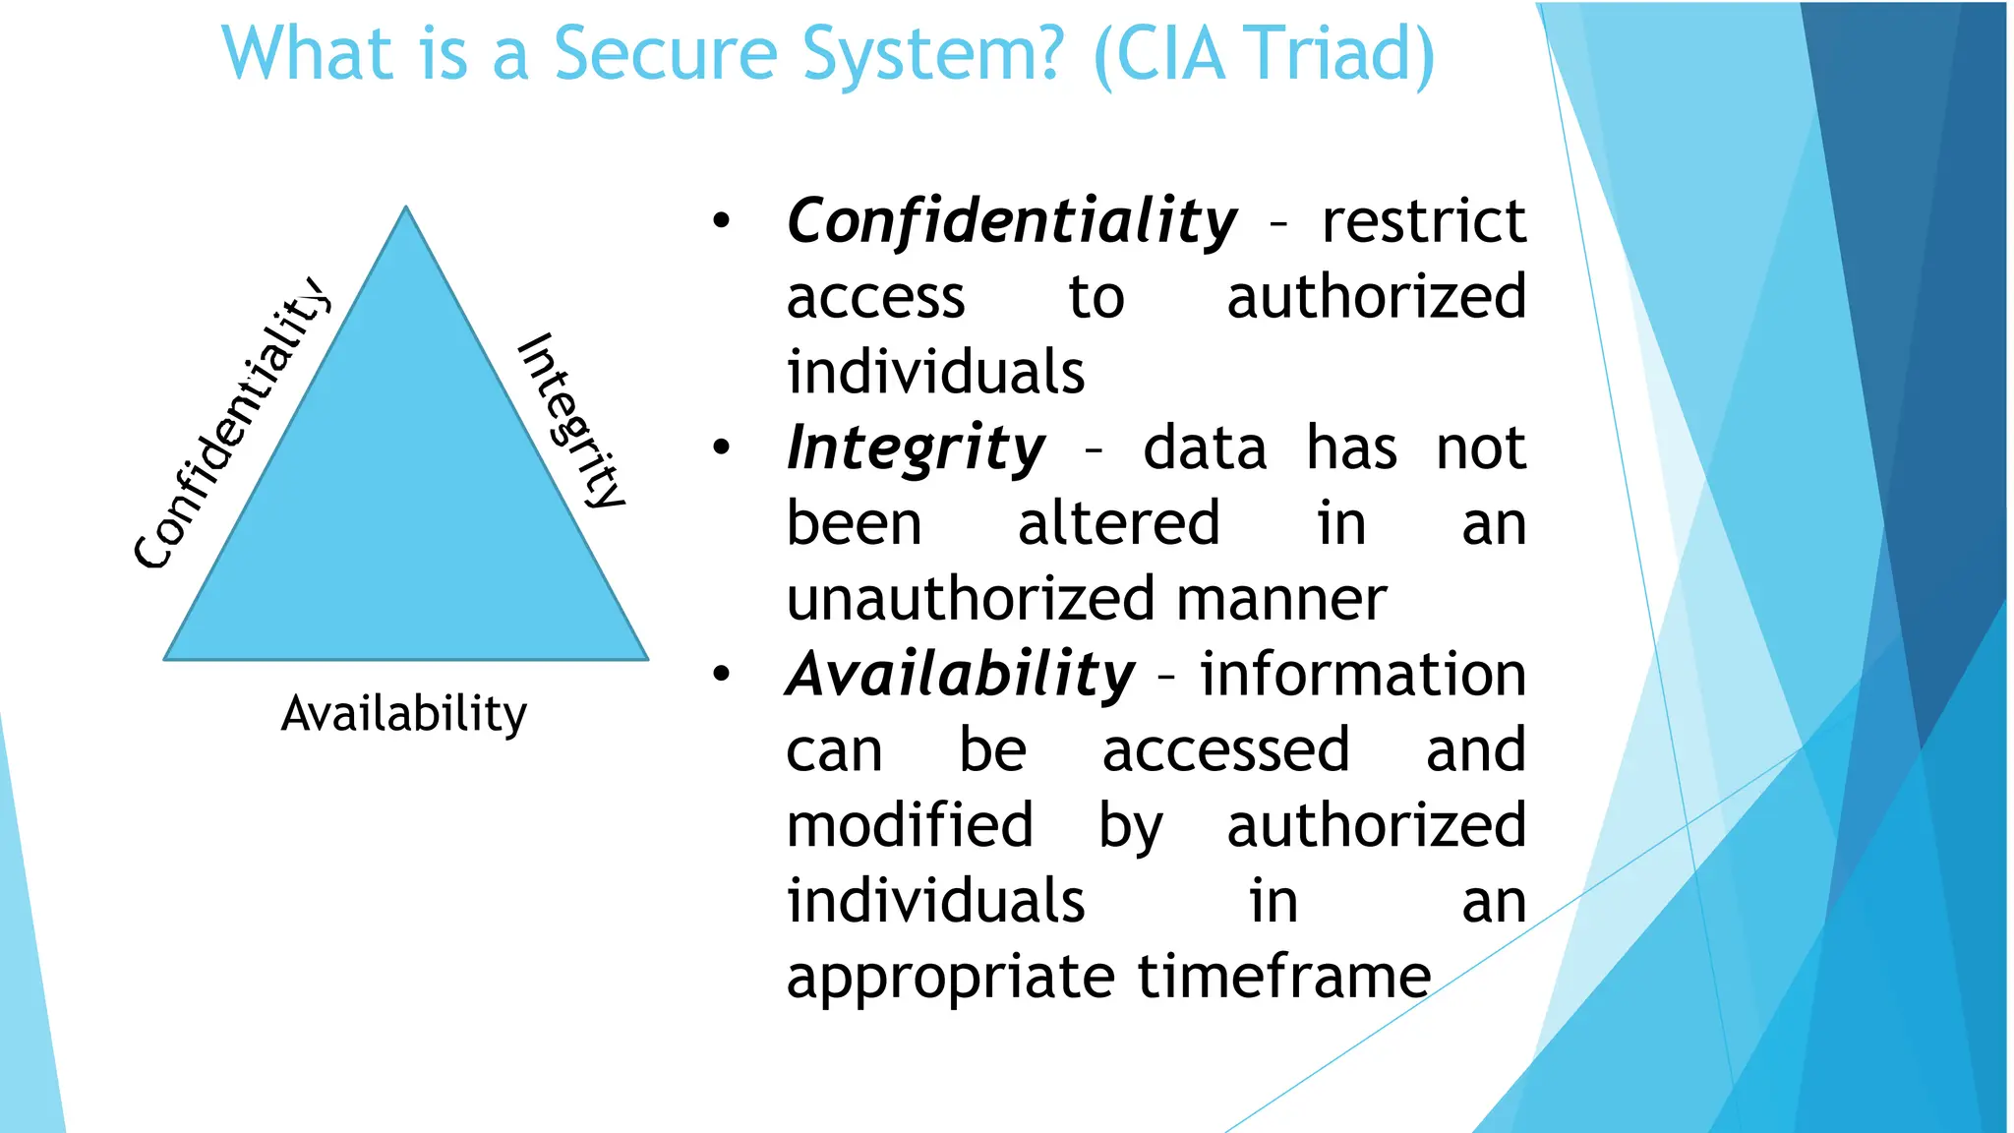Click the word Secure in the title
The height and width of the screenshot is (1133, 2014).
point(666,54)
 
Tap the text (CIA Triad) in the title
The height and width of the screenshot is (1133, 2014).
point(1264,54)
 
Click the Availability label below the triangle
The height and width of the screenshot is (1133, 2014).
point(403,714)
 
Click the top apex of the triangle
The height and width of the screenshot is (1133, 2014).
point(406,209)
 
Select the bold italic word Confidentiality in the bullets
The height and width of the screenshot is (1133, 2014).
point(1011,220)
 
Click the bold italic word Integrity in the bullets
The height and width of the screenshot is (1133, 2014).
point(915,448)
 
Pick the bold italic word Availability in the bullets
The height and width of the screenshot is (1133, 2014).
point(960,675)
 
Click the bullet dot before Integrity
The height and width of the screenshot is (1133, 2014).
point(722,448)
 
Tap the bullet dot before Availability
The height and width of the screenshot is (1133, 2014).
point(722,675)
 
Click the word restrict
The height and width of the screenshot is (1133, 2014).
point(1423,220)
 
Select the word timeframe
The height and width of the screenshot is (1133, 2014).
point(1283,977)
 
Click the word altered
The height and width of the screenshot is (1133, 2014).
point(1118,523)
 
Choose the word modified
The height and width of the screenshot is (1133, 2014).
point(910,825)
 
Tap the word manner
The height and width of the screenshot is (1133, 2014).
point(1280,599)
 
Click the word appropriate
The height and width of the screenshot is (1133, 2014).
point(950,979)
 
